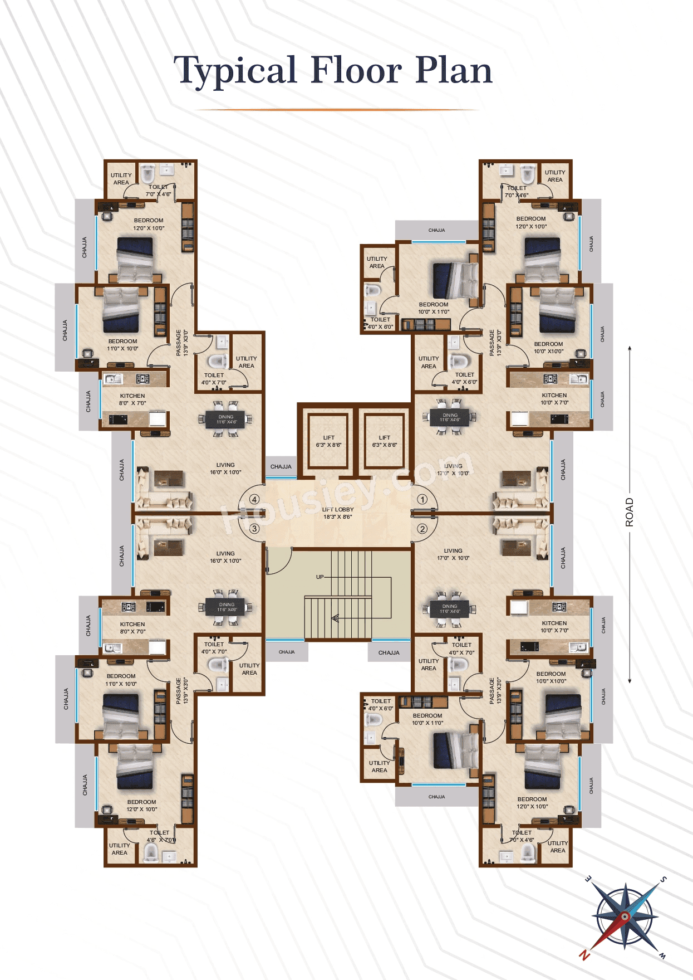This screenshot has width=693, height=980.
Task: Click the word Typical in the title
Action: coord(234,71)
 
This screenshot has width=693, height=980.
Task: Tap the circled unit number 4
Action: coord(254,500)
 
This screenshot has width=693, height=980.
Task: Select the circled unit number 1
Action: coord(422,500)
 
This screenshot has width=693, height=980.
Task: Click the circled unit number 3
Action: coord(254,528)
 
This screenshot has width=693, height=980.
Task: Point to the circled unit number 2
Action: coord(422,529)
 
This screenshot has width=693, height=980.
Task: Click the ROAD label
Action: coord(630,512)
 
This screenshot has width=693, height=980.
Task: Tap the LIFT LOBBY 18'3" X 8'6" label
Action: coord(337,513)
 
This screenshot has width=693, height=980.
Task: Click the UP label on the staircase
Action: coord(320,577)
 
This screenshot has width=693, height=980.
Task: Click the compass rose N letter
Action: coord(584,955)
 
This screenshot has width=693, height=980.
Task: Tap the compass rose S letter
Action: coord(663,880)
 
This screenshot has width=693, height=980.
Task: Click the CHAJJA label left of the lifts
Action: coord(281,467)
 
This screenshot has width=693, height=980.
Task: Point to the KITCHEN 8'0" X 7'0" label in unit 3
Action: coord(132,628)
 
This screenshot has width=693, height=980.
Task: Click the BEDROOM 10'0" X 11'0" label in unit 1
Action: coord(434,308)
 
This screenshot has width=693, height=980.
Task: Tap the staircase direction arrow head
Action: coord(335,617)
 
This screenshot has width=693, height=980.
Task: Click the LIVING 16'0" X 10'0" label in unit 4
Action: coord(225,469)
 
